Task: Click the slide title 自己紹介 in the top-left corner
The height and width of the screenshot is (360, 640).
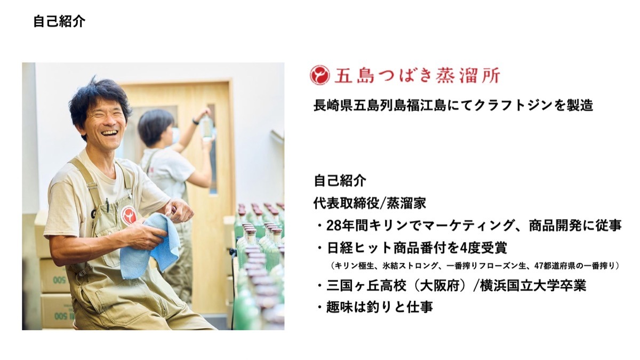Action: (59, 21)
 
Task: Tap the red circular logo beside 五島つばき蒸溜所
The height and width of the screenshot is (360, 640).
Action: (319, 75)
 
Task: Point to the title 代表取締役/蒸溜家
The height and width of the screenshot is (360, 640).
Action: (370, 203)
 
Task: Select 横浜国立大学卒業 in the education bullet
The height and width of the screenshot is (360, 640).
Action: (533, 286)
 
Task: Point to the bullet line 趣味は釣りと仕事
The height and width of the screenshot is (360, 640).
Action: (380, 307)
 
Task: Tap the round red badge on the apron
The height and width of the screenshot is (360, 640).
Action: (129, 215)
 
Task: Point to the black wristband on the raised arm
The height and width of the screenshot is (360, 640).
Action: (196, 122)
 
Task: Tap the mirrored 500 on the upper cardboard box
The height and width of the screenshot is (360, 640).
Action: (61, 279)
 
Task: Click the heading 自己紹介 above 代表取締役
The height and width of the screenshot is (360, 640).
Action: (340, 181)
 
